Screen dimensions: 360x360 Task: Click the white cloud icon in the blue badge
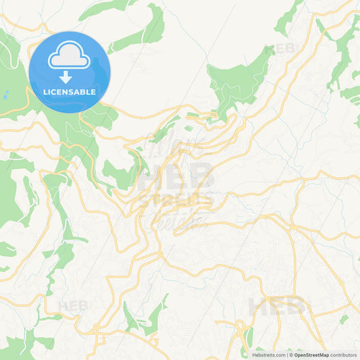pyautogui.click(x=69, y=56)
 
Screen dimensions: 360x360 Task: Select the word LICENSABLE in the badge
pyautogui.click(x=69, y=91)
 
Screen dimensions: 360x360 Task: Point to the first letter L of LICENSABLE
pyautogui.click(x=44, y=91)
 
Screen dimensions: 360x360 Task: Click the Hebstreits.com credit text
pyautogui.click(x=268, y=355)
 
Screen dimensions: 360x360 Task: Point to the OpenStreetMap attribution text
pyautogui.click(x=310, y=355)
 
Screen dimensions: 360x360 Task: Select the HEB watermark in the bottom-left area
pyautogui.click(x=74, y=306)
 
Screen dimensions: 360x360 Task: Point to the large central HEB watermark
pyautogui.click(x=176, y=177)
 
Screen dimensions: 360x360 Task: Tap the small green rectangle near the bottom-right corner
pyautogui.click(x=344, y=318)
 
